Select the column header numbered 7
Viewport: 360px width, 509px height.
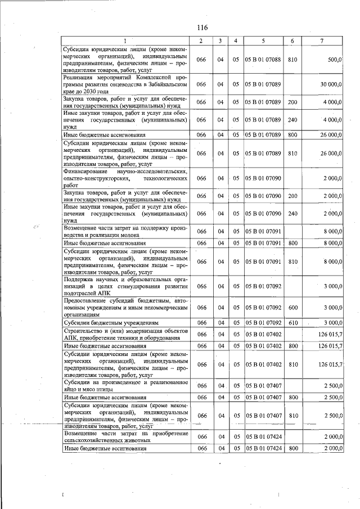[x=321, y=41]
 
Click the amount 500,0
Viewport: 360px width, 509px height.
[x=334, y=60]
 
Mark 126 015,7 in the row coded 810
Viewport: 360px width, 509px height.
[x=330, y=365]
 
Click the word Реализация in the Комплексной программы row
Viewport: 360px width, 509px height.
[x=83, y=77]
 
